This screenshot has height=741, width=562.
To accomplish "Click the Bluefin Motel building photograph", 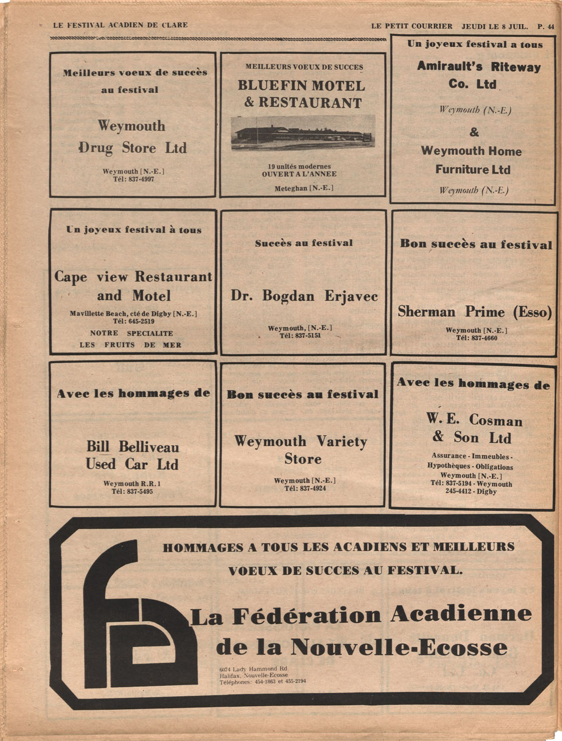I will [303, 132].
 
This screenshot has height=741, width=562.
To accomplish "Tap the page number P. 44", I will [545, 26].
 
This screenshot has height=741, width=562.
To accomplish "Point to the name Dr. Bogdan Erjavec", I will [304, 296].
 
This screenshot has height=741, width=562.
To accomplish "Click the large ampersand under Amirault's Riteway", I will [474, 132].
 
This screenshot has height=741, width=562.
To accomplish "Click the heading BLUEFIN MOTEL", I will [301, 86].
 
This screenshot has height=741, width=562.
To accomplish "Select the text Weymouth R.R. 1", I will [132, 483].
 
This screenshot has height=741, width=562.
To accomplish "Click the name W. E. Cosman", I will [474, 419].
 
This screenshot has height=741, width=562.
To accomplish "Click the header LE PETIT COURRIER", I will [412, 26].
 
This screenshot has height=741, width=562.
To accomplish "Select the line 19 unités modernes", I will [299, 167].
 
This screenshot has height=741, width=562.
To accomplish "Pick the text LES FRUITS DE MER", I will [130, 345].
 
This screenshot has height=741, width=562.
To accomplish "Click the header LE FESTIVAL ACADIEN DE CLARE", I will [120, 25].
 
